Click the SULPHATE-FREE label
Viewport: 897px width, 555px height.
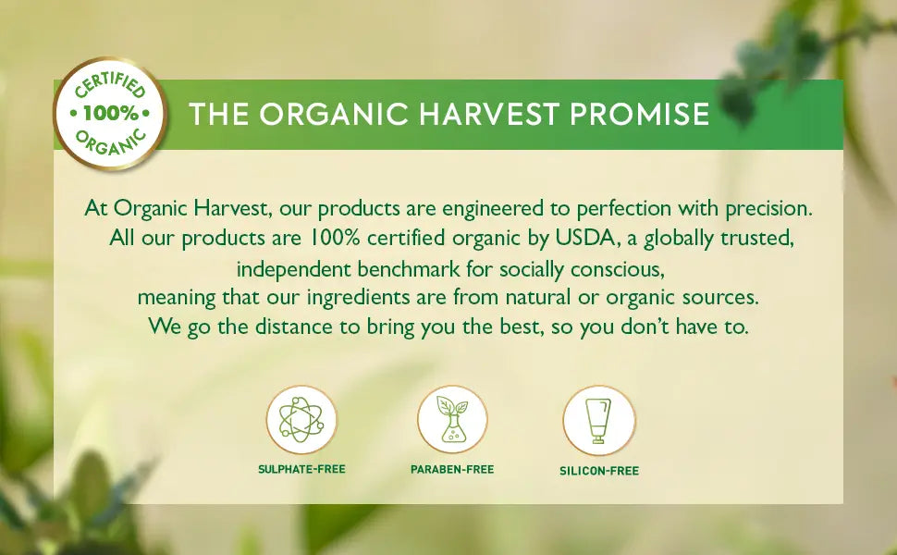301,469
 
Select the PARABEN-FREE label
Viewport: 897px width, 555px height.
452,469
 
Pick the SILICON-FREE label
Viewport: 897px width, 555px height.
599,470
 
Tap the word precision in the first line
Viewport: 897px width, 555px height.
768,207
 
